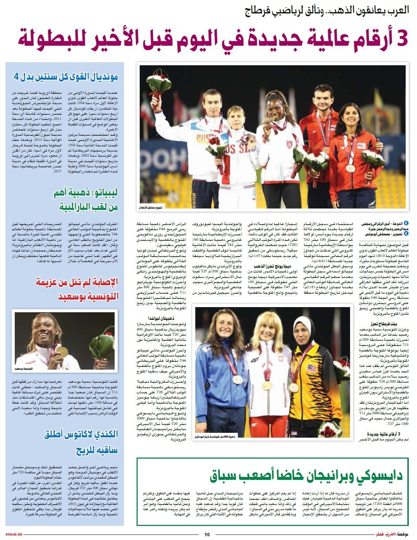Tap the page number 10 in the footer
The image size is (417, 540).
pos(207,534)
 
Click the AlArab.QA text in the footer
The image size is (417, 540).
pos(14,534)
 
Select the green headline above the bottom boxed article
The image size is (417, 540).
pos(306,476)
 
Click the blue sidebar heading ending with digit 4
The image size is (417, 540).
pos(66,77)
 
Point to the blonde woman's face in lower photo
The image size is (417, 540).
pos(266,329)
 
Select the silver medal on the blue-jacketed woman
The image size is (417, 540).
pos(238,379)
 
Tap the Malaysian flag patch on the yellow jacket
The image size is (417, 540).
pos(311,368)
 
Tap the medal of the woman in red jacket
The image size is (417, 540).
pos(350,168)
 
